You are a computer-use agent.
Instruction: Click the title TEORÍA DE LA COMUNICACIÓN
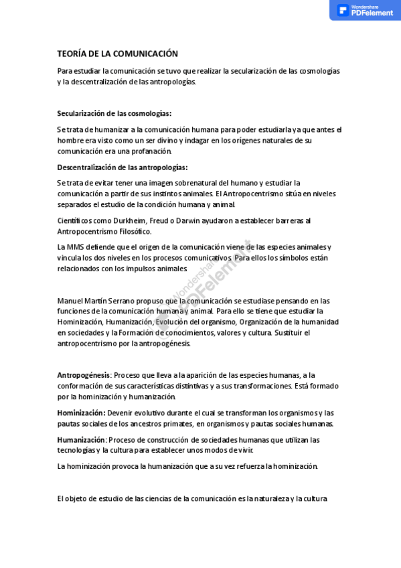(117, 54)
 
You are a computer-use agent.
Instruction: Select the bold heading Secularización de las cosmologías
(114, 113)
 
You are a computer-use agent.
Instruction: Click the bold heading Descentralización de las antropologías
(122, 167)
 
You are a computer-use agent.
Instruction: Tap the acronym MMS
(75, 247)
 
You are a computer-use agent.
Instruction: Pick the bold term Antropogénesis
(83, 375)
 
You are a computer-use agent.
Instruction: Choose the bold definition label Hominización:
(81, 413)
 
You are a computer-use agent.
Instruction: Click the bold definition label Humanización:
(82, 439)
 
